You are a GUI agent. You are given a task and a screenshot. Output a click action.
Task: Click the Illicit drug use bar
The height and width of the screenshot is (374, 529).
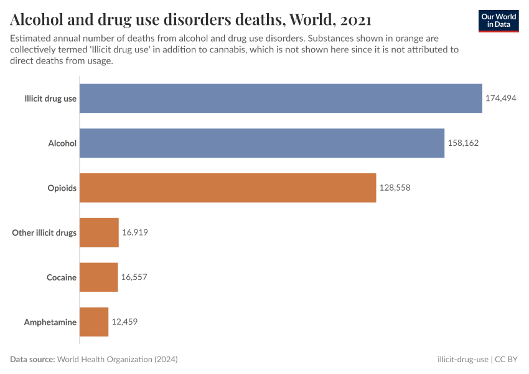(281, 98)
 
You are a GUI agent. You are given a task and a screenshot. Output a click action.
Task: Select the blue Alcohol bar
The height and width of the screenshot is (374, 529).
(262, 143)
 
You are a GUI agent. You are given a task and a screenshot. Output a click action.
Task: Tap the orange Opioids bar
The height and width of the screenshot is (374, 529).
(228, 188)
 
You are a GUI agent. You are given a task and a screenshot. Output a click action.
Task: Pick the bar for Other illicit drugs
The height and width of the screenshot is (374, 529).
(99, 233)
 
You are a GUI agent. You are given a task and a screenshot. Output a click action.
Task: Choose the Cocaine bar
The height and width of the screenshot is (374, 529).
(98, 277)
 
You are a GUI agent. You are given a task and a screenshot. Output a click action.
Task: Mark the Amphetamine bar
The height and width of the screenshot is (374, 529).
(94, 322)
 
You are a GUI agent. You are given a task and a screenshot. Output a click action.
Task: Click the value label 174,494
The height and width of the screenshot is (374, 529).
(501, 98)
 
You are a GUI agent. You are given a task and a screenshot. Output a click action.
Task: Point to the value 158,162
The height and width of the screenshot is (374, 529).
(463, 143)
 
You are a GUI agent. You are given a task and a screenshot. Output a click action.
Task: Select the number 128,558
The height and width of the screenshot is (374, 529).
(395, 188)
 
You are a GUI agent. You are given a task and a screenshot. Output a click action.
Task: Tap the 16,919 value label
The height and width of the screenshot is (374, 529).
(134, 233)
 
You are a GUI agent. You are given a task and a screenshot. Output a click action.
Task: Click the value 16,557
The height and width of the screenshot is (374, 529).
(134, 277)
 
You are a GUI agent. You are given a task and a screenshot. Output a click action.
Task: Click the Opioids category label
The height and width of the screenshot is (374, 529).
(62, 188)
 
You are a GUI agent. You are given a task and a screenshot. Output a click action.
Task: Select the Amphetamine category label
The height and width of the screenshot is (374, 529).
(50, 322)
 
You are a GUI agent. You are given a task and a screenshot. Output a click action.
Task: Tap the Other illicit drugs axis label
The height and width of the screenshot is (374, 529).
(44, 233)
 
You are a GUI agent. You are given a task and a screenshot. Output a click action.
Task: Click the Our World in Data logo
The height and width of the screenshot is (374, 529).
(499, 21)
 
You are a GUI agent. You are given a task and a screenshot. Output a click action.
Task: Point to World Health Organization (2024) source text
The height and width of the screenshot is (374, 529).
(117, 360)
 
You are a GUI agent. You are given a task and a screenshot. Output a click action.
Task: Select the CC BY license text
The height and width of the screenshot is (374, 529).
(507, 360)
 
